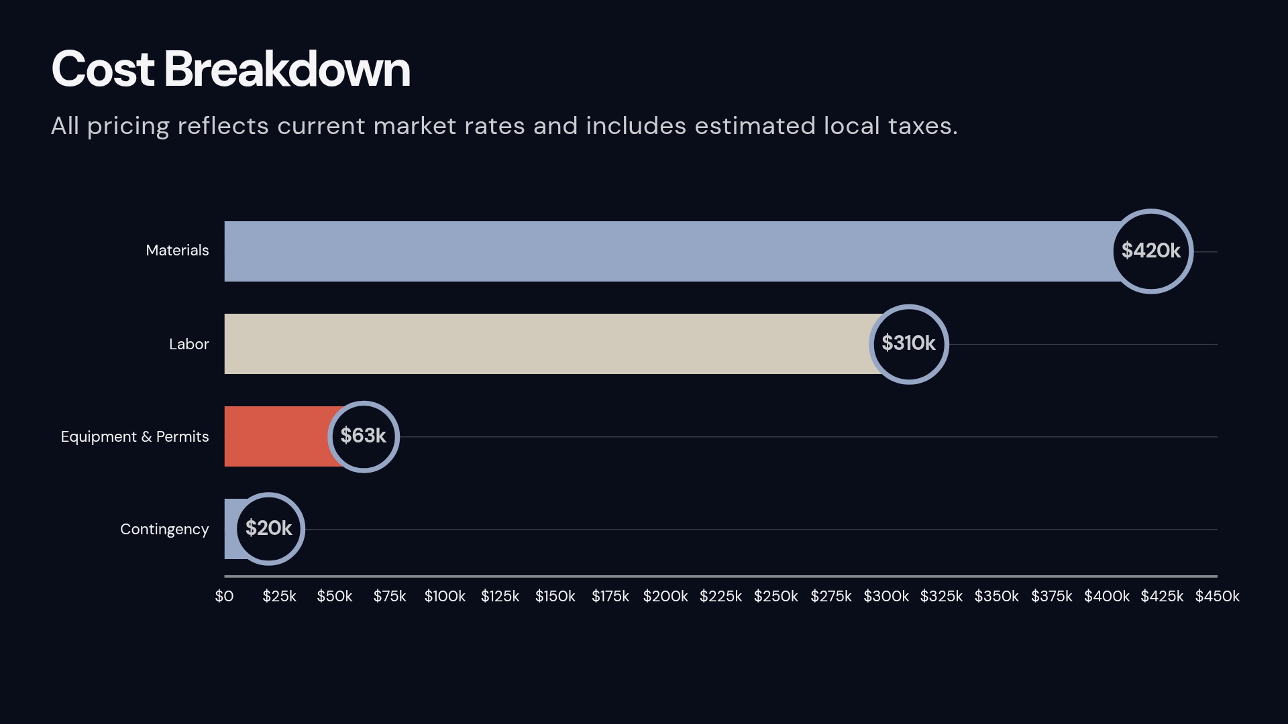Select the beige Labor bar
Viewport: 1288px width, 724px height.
pyautogui.click(x=547, y=344)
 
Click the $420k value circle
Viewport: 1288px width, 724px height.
pyautogui.click(x=1151, y=251)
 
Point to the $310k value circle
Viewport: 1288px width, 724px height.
pyautogui.click(x=908, y=344)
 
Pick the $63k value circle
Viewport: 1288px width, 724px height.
pyautogui.click(x=363, y=436)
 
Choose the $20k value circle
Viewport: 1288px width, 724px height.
pyautogui.click(x=268, y=529)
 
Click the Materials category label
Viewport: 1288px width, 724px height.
pyautogui.click(x=177, y=251)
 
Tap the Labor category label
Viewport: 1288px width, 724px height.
pyautogui.click(x=189, y=345)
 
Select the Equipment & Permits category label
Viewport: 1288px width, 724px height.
pyautogui.click(x=135, y=437)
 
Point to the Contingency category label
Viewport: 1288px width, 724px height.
pyautogui.click(x=164, y=530)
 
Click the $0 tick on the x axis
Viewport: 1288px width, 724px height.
pyautogui.click(x=224, y=596)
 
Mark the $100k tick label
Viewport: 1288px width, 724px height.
pyautogui.click(x=445, y=596)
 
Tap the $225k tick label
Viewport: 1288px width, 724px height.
pyautogui.click(x=720, y=596)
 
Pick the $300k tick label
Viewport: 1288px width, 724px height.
pyautogui.click(x=885, y=596)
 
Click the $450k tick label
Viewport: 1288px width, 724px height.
pyautogui.click(x=1217, y=596)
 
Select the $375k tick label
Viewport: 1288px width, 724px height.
pyautogui.click(x=1051, y=596)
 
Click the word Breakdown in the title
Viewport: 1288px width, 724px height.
pyautogui.click(x=286, y=69)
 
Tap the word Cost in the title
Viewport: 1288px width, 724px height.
pyautogui.click(x=103, y=69)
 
